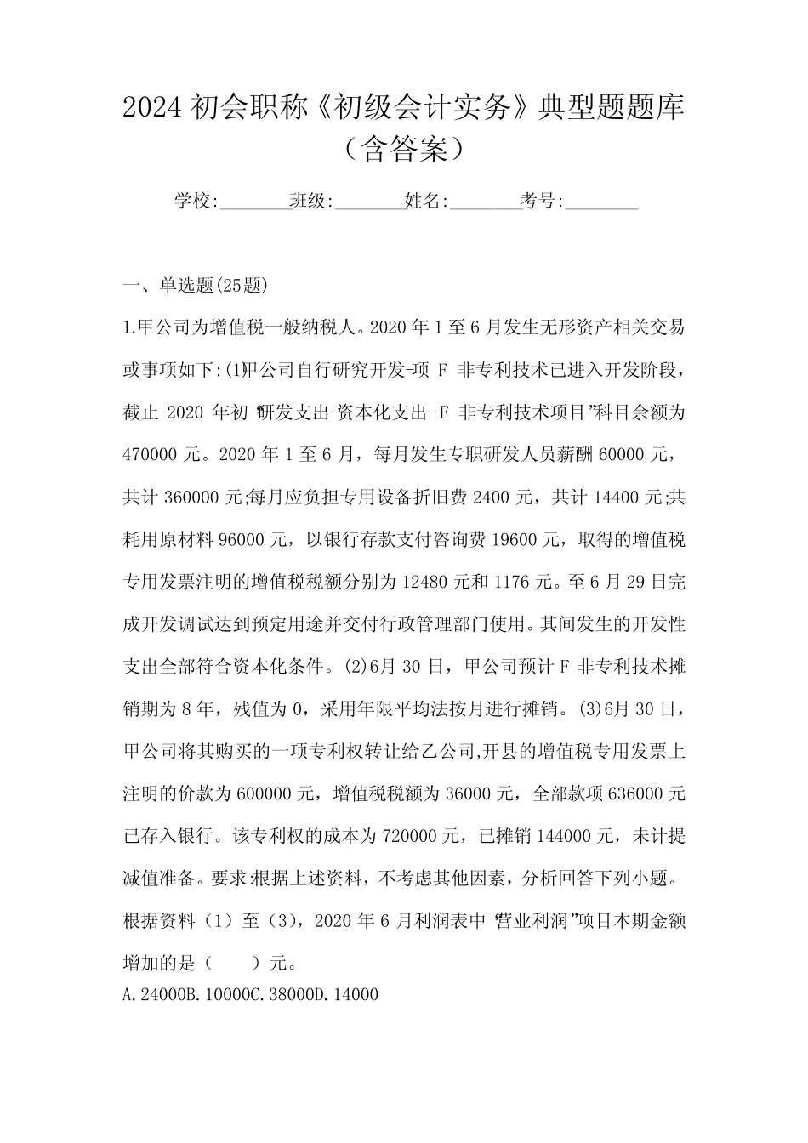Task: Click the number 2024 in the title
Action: point(150,108)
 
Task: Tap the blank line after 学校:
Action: point(254,203)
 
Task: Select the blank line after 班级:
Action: point(370,203)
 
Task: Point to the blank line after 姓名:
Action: point(485,203)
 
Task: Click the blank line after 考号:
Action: point(601,203)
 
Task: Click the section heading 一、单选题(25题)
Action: point(196,286)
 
